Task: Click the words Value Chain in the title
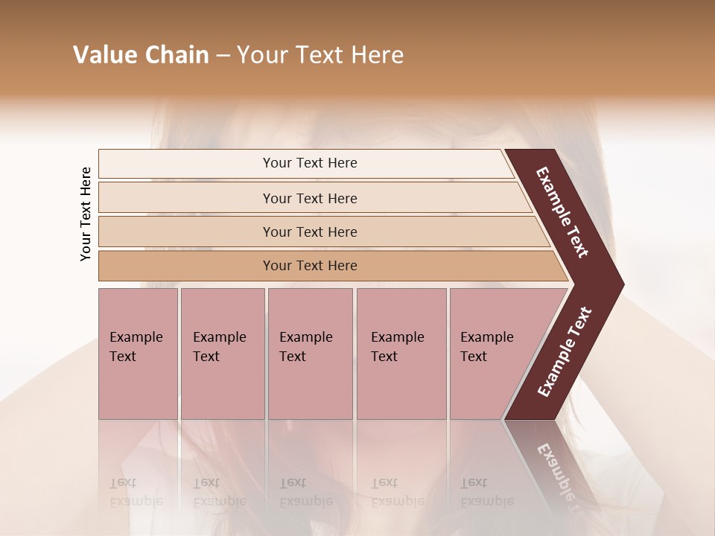[141, 55]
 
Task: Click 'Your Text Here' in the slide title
[320, 55]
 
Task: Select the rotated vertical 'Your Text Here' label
[86, 214]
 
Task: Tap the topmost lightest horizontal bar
[186, 164]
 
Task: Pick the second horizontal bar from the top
[186, 198]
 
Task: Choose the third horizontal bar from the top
[186, 232]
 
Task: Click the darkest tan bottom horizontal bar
[186, 266]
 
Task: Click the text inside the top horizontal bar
[310, 163]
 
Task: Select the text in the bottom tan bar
[310, 266]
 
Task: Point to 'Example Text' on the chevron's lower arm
[565, 351]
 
